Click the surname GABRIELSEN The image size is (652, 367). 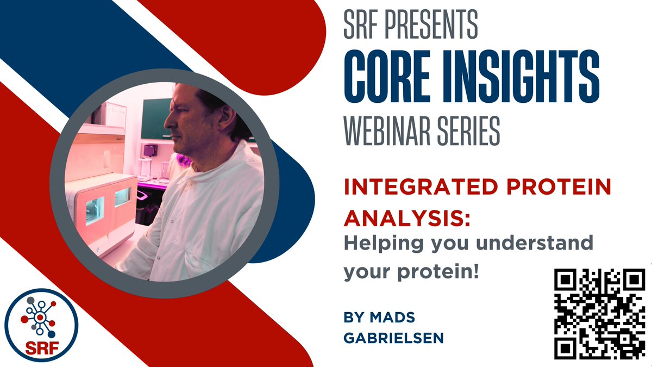(x=394, y=338)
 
